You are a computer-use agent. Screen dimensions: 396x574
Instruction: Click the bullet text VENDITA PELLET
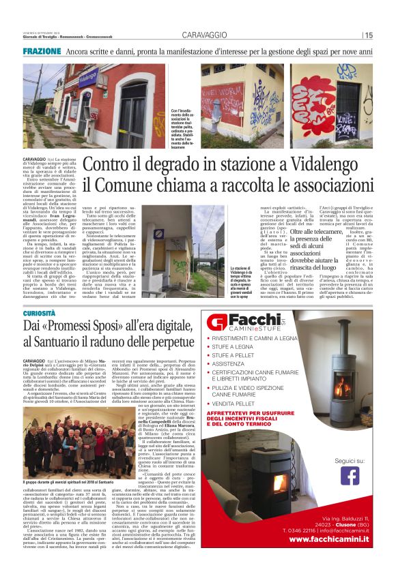click(243, 404)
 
